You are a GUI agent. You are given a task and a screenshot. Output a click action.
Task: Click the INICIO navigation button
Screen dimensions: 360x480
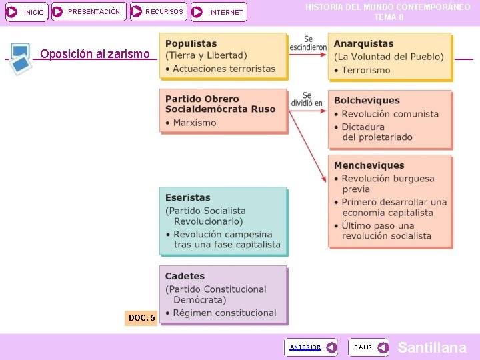coord(27,12)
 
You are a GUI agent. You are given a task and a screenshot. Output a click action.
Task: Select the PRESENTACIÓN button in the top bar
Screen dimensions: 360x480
coord(89,11)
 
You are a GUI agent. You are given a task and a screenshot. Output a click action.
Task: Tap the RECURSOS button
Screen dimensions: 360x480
coord(159,11)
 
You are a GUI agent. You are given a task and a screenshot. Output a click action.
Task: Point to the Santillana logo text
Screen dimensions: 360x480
coord(432,347)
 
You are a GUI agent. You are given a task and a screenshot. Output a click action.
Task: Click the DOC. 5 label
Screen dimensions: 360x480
coord(141,318)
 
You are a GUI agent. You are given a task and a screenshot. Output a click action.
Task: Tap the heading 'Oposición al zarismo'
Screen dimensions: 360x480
coord(95,54)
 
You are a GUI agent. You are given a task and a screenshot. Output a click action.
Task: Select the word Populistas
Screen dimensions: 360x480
coord(191,44)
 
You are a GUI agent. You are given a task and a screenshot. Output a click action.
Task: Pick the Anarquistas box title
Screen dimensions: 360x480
coord(363,44)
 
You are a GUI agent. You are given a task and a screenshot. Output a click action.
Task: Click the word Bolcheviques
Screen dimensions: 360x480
coord(367,101)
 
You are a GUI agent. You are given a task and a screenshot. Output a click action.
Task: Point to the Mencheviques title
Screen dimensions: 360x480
coord(369,165)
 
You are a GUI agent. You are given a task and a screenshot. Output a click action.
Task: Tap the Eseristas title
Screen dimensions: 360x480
coord(188,197)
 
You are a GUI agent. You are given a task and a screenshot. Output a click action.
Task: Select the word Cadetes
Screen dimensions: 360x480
coord(185,276)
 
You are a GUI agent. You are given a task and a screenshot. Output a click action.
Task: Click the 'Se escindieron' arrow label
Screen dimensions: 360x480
coord(308,43)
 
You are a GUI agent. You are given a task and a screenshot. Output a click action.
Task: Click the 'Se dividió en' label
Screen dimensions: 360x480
coord(307,99)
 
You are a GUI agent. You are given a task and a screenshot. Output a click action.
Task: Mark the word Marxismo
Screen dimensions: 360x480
coord(195,123)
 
